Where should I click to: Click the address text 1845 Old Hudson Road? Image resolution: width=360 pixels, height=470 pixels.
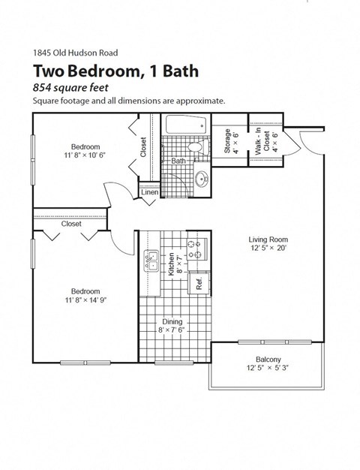75,53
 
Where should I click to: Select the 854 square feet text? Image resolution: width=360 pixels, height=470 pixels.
75,88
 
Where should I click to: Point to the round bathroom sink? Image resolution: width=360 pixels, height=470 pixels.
200,179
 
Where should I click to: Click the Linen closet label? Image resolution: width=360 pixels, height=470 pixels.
149,194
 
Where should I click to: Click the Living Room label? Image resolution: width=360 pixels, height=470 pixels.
268,241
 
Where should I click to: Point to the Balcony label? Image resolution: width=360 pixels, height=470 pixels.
268,359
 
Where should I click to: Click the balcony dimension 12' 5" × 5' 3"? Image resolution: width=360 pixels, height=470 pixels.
268,369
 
